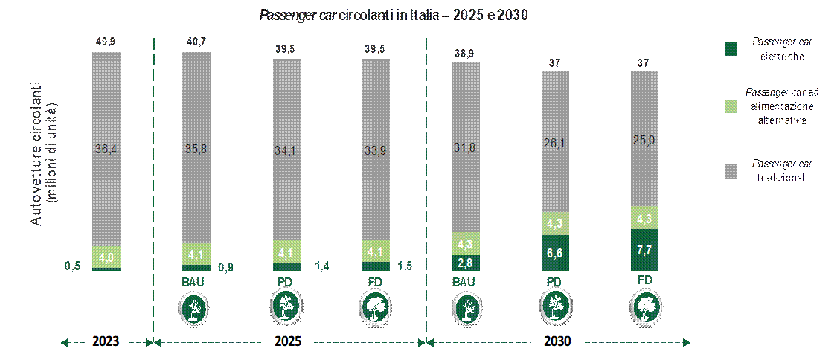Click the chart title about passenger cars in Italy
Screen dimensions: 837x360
[x=394, y=16]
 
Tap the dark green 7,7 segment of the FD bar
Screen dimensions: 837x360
[x=645, y=250]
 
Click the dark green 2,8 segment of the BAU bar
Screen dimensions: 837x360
[x=466, y=263]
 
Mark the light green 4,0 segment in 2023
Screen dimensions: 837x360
[x=106, y=257]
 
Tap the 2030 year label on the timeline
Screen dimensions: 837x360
[x=558, y=341]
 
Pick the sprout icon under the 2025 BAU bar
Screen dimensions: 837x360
[x=193, y=308]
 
